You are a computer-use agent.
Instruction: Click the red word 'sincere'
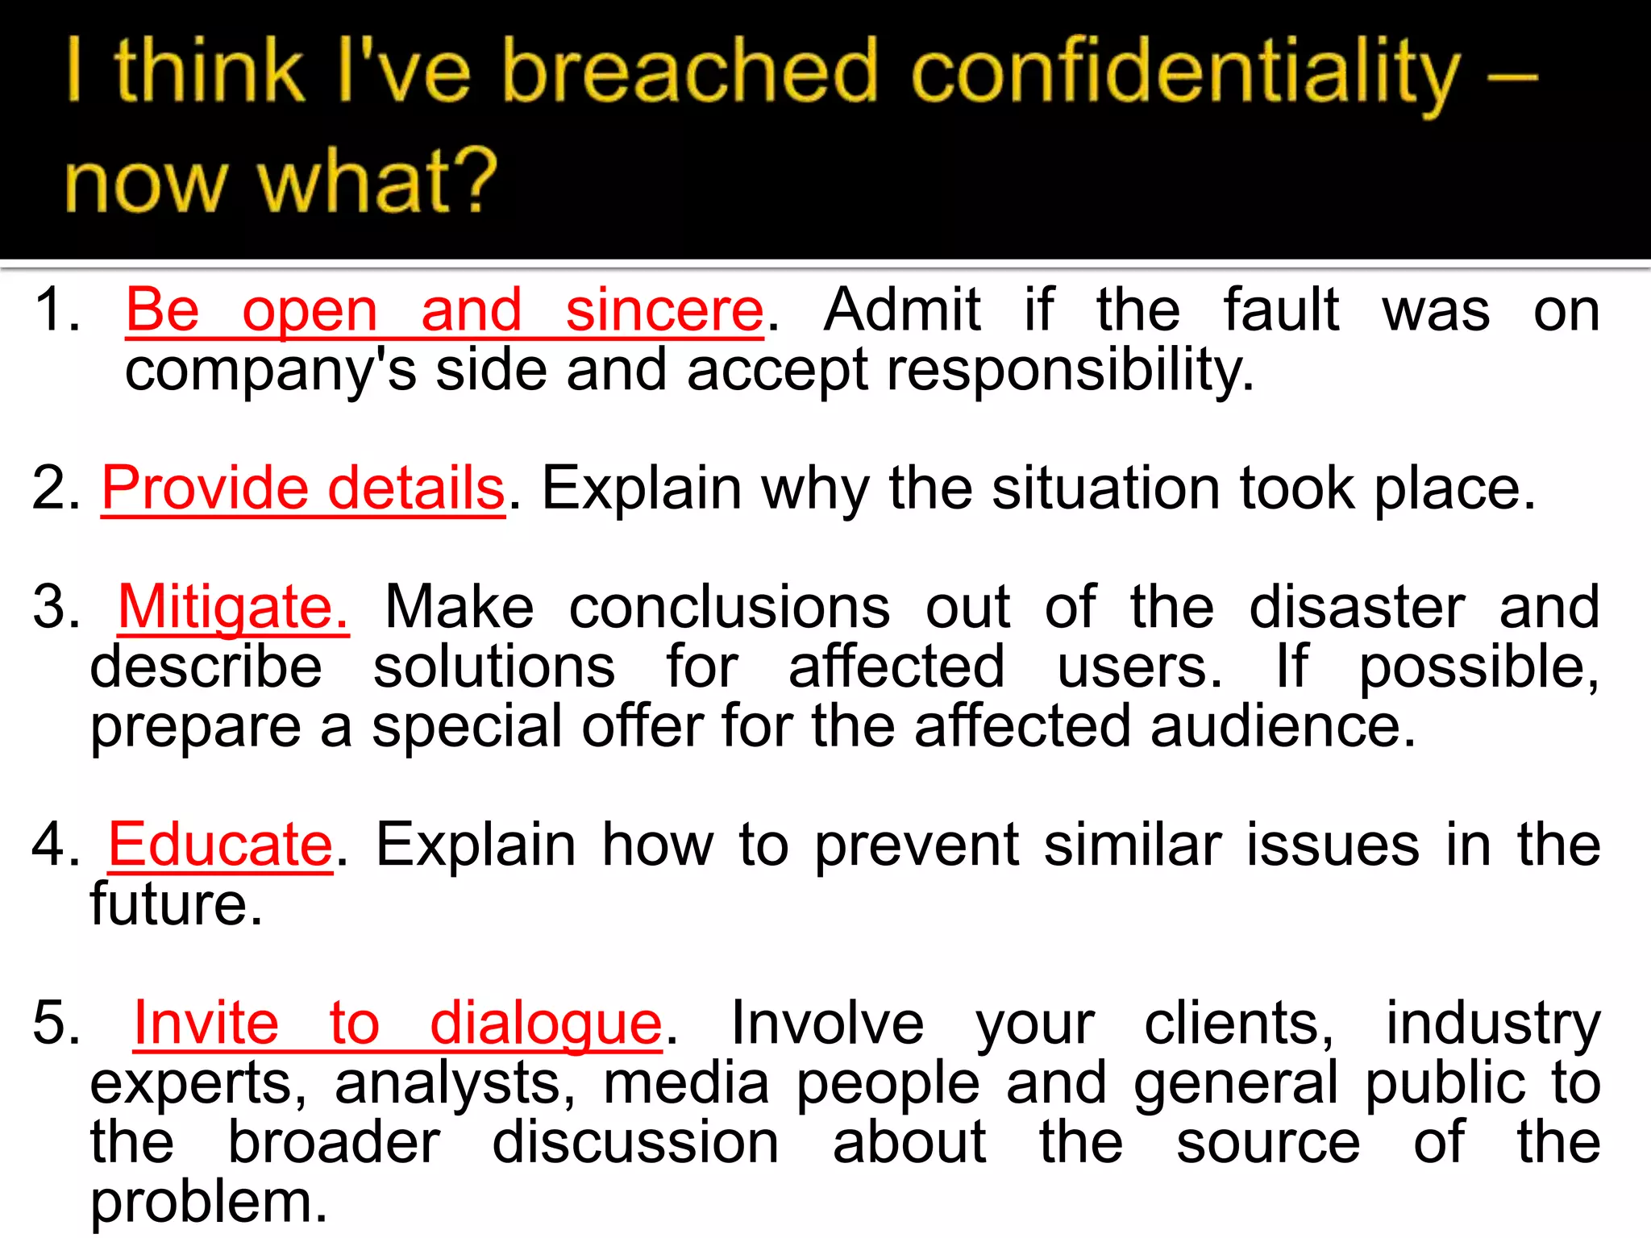click(x=664, y=310)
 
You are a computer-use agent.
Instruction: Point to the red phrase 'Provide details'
click(x=303, y=488)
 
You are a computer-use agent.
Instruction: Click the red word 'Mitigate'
click(x=232, y=608)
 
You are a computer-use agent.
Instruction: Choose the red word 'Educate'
click(x=220, y=845)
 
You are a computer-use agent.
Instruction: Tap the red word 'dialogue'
click(x=546, y=1024)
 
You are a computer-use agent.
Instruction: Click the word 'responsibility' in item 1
click(x=1070, y=371)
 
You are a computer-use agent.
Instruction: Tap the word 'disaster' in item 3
click(x=1357, y=607)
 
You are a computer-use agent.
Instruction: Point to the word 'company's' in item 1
click(x=271, y=371)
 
